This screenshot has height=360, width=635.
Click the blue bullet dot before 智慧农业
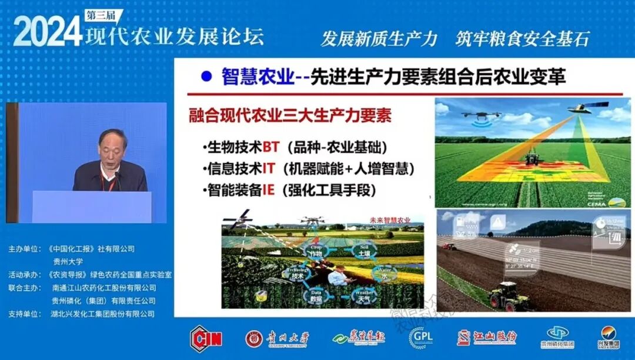click(x=206, y=76)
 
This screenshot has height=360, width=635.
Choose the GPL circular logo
click(x=420, y=338)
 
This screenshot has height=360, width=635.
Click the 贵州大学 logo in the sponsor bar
click(x=276, y=338)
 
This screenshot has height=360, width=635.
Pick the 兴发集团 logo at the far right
click(x=611, y=338)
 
